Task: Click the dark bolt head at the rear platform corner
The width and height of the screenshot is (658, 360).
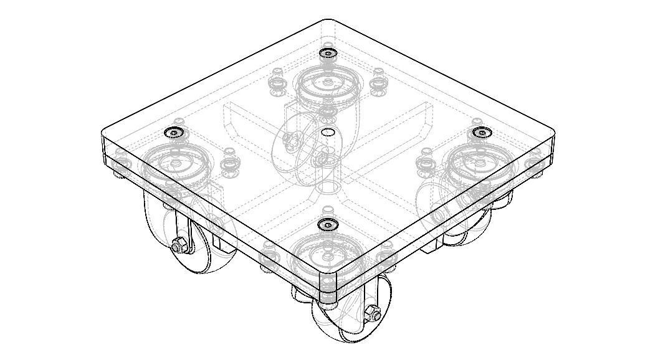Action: (x=328, y=54)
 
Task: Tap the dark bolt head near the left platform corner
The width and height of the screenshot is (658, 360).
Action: (x=172, y=132)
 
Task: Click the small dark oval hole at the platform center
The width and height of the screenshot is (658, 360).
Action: (x=327, y=132)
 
